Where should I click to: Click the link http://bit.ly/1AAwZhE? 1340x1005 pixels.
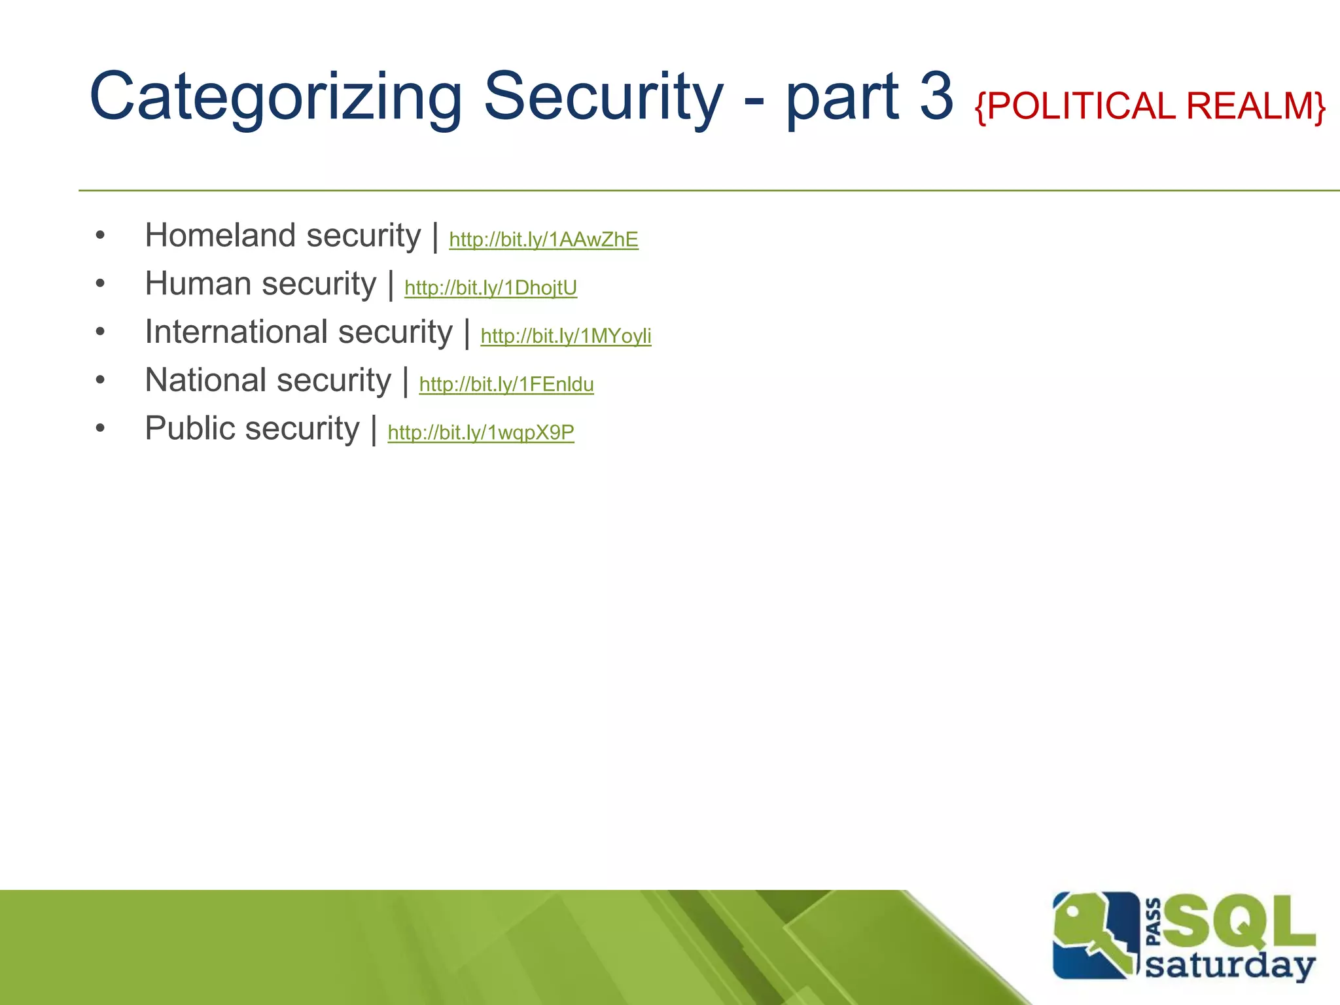pyautogui.click(x=543, y=239)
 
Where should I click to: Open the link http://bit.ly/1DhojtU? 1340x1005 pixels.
pyautogui.click(x=491, y=288)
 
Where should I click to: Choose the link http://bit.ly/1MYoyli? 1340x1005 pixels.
pyautogui.click(x=565, y=336)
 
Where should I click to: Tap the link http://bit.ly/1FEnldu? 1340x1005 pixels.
pyautogui.click(x=506, y=384)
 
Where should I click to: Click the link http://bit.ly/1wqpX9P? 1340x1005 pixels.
pyautogui.click(x=481, y=432)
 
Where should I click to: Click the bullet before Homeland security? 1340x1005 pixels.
pyautogui.click(x=100, y=236)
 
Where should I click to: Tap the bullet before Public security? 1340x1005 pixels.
pyautogui.click(x=100, y=429)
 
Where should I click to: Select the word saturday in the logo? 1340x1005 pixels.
pyautogui.click(x=1230, y=965)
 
